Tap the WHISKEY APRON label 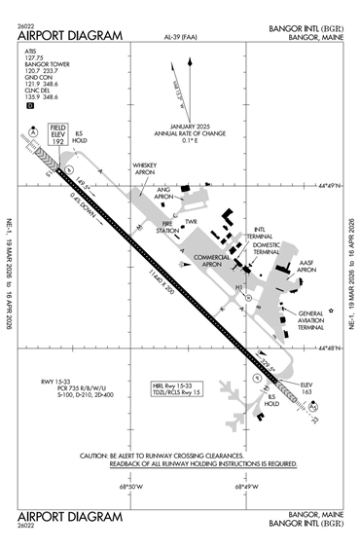144,170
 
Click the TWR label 191,222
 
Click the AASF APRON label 307,268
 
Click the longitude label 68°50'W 131,487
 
